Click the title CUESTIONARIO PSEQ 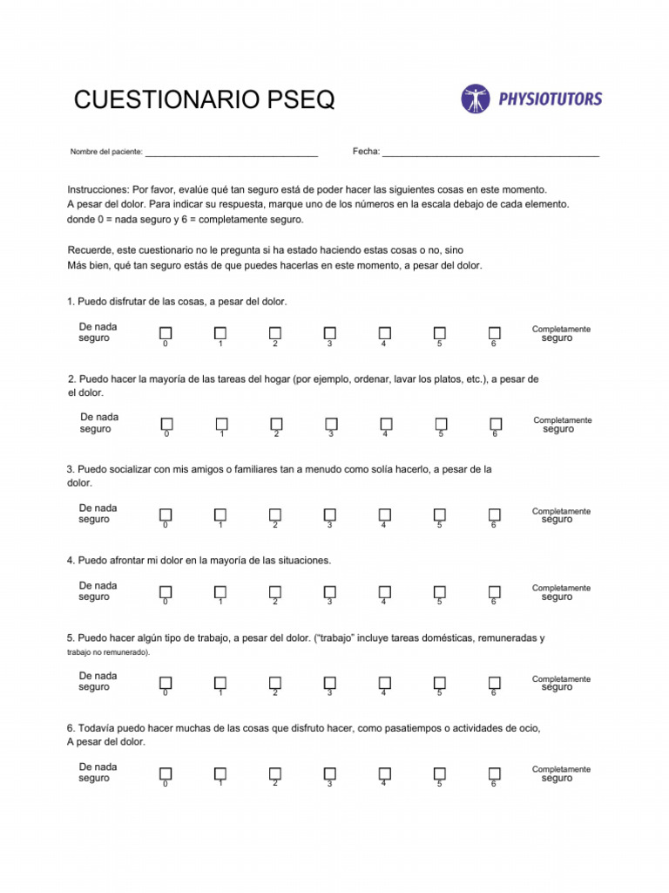click(204, 100)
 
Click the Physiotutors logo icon click(476, 99)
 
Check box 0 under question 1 click(166, 333)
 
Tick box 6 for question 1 click(494, 333)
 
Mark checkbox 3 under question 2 click(330, 424)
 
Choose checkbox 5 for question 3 click(440, 515)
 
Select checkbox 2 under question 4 click(274, 592)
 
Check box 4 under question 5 click(384, 683)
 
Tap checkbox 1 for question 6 click(220, 774)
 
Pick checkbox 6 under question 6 click(494, 774)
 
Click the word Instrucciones click(98, 189)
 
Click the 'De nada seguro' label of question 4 click(98, 591)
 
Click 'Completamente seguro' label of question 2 click(562, 424)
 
